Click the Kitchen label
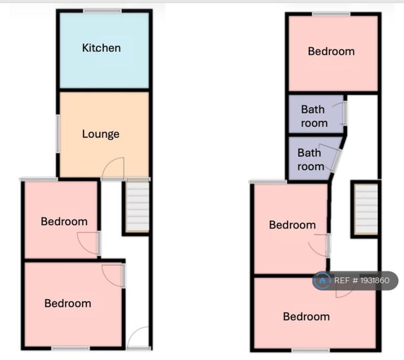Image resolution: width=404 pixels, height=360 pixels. click(101, 48)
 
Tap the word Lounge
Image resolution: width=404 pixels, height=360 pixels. click(101, 134)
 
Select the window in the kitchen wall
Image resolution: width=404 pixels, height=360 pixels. click(102, 11)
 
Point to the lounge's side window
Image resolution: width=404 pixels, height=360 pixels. click(58, 133)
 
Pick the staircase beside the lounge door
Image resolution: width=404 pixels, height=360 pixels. click(137, 207)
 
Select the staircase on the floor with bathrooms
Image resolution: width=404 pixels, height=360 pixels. click(366, 210)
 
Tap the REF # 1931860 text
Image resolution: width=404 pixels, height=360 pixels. click(362, 281)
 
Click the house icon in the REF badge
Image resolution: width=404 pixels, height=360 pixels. click(322, 281)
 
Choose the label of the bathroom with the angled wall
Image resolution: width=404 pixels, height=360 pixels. click(311, 160)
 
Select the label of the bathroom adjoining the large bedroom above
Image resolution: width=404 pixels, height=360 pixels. click(314, 116)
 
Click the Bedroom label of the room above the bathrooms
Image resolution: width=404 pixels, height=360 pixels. click(331, 52)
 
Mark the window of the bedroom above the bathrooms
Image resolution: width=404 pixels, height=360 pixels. click(331, 14)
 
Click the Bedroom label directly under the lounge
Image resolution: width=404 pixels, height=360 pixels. click(64, 222)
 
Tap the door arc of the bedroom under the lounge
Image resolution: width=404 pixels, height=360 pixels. click(87, 244)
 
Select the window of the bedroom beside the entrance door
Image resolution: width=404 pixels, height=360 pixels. click(70, 348)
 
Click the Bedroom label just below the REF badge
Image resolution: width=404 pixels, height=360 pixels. click(306, 317)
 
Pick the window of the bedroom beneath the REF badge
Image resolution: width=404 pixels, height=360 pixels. click(311, 350)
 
